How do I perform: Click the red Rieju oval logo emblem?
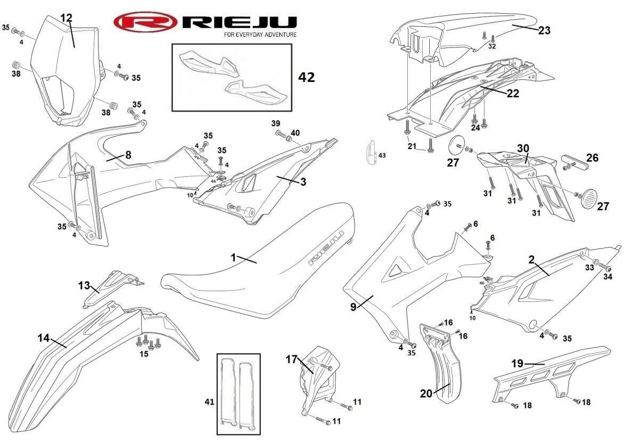point(145,22)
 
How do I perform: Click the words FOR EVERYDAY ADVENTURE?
point(260,35)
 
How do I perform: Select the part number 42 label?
point(307,77)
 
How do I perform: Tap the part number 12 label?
point(66,18)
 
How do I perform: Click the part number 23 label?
point(544,30)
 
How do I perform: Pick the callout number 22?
point(513,93)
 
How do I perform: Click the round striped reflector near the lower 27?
point(589,196)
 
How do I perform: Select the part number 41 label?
point(209,402)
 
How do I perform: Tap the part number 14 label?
point(44,338)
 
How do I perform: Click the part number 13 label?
point(84,285)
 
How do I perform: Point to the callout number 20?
point(426,394)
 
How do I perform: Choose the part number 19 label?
point(517,364)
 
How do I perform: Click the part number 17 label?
point(292,359)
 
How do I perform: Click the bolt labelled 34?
point(605,267)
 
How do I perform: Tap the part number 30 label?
point(523,148)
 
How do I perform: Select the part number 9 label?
point(353,307)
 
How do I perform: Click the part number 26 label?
point(593,158)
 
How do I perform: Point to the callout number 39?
point(276,123)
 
